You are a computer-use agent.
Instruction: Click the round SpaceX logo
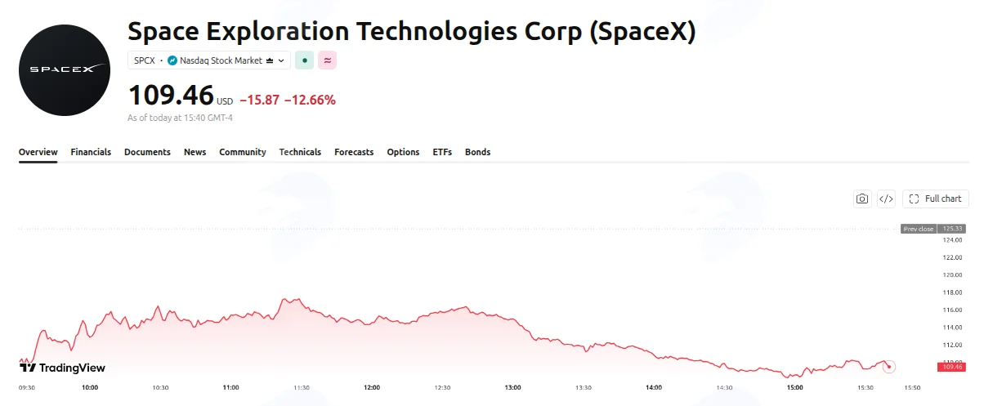pos(65,70)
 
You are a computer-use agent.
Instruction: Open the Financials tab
pos(91,152)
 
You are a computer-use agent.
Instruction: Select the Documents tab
pos(147,152)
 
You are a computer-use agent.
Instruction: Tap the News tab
pos(195,152)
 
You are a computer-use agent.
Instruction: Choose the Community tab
pos(243,152)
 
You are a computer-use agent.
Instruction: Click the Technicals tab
pos(300,152)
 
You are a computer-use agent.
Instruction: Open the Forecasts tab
pos(354,152)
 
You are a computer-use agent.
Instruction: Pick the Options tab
pos(403,152)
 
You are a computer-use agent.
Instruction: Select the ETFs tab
pos(442,152)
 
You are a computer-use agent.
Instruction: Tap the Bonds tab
pos(478,152)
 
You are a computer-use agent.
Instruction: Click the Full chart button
pos(936,199)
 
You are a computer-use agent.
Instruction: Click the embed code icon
pos(886,199)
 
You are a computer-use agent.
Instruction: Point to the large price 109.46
pos(171,96)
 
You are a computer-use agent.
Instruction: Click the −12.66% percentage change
pos(310,100)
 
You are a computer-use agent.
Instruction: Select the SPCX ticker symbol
pos(145,60)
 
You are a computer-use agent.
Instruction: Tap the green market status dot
pos(304,60)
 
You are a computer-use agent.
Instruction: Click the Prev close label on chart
pos(919,229)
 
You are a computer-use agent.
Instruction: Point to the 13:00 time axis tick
pos(512,387)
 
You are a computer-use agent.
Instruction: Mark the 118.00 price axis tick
pos(952,292)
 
